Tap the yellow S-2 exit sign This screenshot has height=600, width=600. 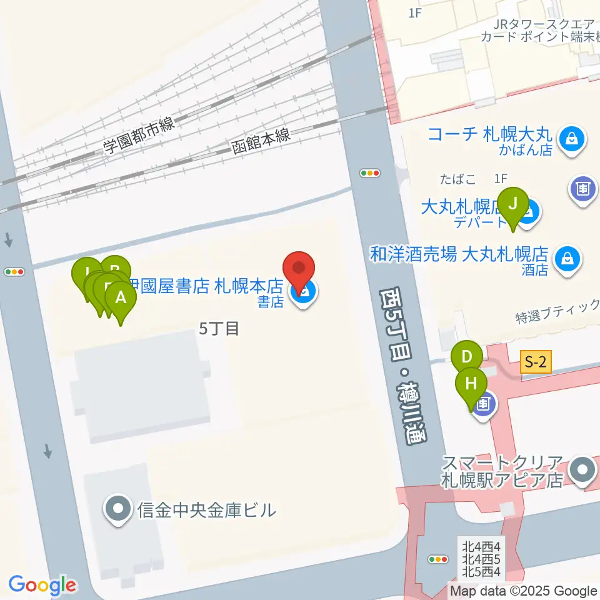tap(536, 361)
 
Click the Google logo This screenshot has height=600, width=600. tap(42, 585)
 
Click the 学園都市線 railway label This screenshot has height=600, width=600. tap(138, 137)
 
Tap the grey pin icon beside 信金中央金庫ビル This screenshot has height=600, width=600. tap(118, 509)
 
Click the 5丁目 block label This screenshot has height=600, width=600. tap(219, 329)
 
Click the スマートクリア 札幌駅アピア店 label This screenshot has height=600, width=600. tap(502, 472)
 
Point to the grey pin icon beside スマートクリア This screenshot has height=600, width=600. tap(584, 471)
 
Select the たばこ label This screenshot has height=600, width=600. tap(457, 180)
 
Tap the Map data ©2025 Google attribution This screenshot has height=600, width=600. tap(524, 591)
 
